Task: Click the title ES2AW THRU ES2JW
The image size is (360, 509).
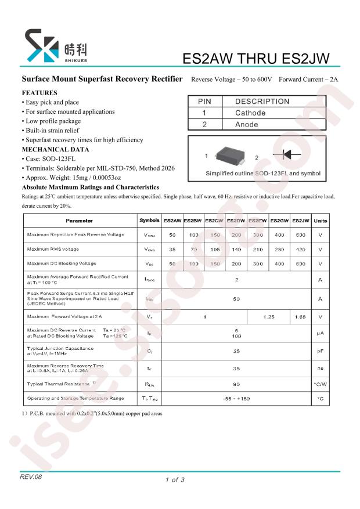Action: [x=256, y=59]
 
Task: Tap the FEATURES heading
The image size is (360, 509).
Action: [x=39, y=93]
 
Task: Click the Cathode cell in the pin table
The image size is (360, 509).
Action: [x=250, y=113]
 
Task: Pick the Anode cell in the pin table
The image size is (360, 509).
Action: [x=247, y=124]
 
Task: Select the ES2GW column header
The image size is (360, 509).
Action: [x=279, y=221]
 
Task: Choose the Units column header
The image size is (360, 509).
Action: [x=320, y=221]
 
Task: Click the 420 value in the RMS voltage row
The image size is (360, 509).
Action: [x=300, y=249]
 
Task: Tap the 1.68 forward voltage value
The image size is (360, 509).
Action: [x=300, y=317]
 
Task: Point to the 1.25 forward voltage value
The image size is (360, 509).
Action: [x=268, y=317]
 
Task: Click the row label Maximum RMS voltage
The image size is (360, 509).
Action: [x=53, y=249]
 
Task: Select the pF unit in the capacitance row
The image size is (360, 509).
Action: [x=320, y=351]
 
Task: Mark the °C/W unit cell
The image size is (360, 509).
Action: [x=320, y=384]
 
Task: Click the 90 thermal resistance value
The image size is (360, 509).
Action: [x=236, y=384]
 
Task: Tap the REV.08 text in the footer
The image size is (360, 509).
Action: [x=31, y=475]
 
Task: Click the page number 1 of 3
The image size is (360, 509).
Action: [x=175, y=479]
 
